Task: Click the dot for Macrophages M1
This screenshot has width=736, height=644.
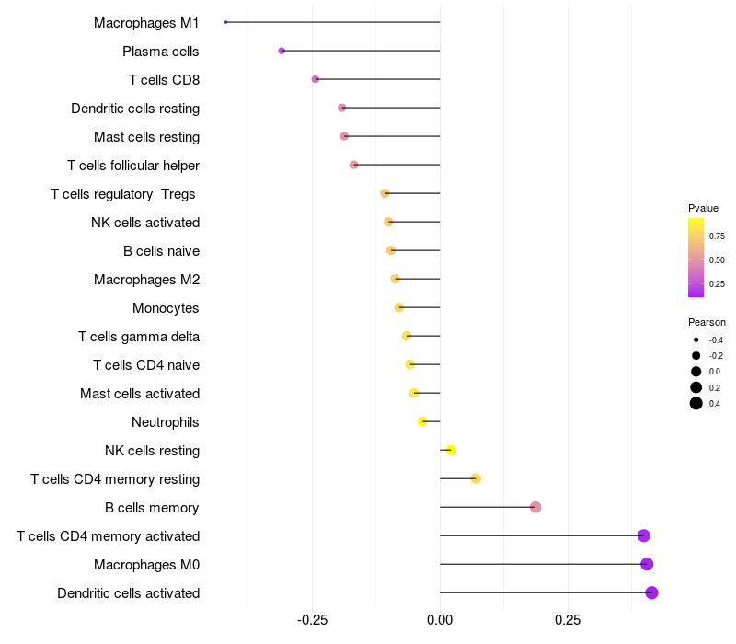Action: point(225,22)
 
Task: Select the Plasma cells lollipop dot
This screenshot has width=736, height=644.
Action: point(282,51)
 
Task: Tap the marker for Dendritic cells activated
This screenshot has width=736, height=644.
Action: point(651,592)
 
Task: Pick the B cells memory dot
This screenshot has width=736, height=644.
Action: point(535,507)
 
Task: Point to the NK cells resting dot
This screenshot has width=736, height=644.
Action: point(451,450)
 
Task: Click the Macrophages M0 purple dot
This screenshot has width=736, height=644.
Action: point(647,564)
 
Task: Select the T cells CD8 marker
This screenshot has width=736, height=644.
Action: point(316,79)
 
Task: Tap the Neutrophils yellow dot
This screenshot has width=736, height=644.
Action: point(422,421)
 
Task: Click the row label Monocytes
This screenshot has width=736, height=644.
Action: point(166,307)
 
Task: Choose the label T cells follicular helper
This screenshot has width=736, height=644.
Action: point(133,165)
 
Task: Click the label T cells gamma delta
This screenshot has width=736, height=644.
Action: point(139,336)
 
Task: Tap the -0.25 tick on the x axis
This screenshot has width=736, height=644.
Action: point(312,619)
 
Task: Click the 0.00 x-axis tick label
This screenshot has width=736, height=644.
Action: point(440,619)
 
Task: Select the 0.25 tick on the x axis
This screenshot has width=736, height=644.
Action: point(568,619)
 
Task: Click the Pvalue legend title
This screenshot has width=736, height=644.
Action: point(703,208)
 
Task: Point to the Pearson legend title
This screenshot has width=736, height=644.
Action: point(707,322)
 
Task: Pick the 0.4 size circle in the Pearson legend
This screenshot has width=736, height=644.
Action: point(696,403)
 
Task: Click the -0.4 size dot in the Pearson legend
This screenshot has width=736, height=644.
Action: point(696,340)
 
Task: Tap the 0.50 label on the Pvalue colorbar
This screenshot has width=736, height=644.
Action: point(717,260)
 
